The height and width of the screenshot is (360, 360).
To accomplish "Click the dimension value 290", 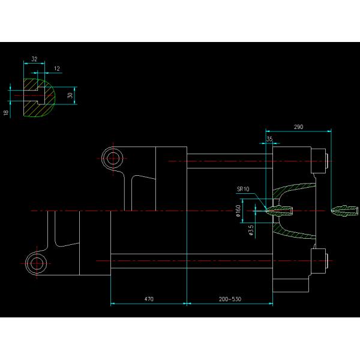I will tap(298, 127).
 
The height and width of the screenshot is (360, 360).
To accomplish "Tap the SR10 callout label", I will tap(243, 188).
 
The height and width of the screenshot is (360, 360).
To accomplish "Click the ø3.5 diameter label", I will tap(251, 230).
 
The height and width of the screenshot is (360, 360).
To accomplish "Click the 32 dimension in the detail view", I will tap(34, 59).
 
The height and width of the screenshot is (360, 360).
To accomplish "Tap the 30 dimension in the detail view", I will tap(70, 95).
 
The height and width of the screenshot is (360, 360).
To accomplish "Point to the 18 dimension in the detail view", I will tap(6, 112).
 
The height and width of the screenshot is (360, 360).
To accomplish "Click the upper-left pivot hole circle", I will tap(112, 158).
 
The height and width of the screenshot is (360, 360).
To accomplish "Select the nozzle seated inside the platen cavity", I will tap(280, 209).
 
